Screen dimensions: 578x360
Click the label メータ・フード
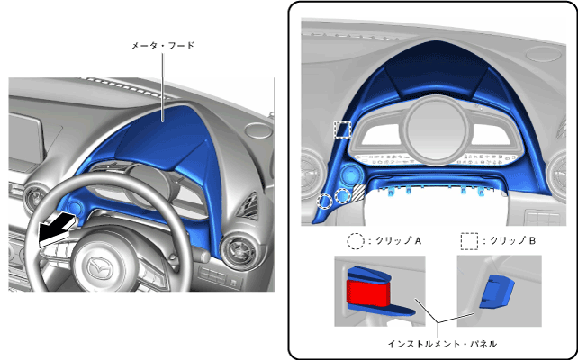(x=163, y=44)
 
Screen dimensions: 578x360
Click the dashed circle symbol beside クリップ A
(x=356, y=241)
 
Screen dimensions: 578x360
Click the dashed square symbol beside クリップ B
(x=469, y=241)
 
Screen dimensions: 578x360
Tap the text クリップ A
(x=395, y=241)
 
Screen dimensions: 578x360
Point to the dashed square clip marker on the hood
(x=342, y=130)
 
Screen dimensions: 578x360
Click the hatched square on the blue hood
(x=357, y=192)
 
